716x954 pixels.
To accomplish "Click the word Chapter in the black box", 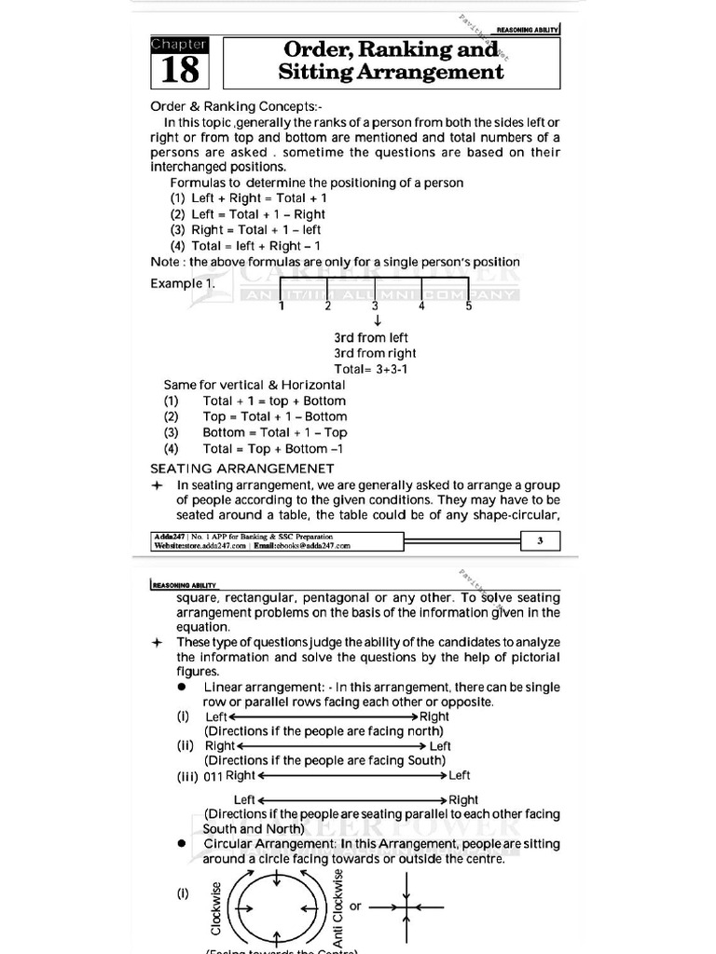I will coord(180,45).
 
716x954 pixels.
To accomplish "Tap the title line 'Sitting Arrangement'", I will coord(391,72).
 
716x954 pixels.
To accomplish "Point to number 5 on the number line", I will coord(469,306).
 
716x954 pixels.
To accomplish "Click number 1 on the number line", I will coord(281,306).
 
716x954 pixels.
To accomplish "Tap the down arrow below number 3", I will coord(375,321).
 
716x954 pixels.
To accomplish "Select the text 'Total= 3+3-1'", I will coord(373,369).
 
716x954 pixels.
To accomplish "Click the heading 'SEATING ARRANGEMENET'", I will coord(242,468).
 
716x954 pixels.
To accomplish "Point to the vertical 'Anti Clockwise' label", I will coord(338,904).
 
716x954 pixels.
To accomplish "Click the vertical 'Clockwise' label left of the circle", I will coord(216,908).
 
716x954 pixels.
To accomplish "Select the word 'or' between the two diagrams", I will coord(355,905).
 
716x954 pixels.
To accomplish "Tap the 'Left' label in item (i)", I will coord(216,716).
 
